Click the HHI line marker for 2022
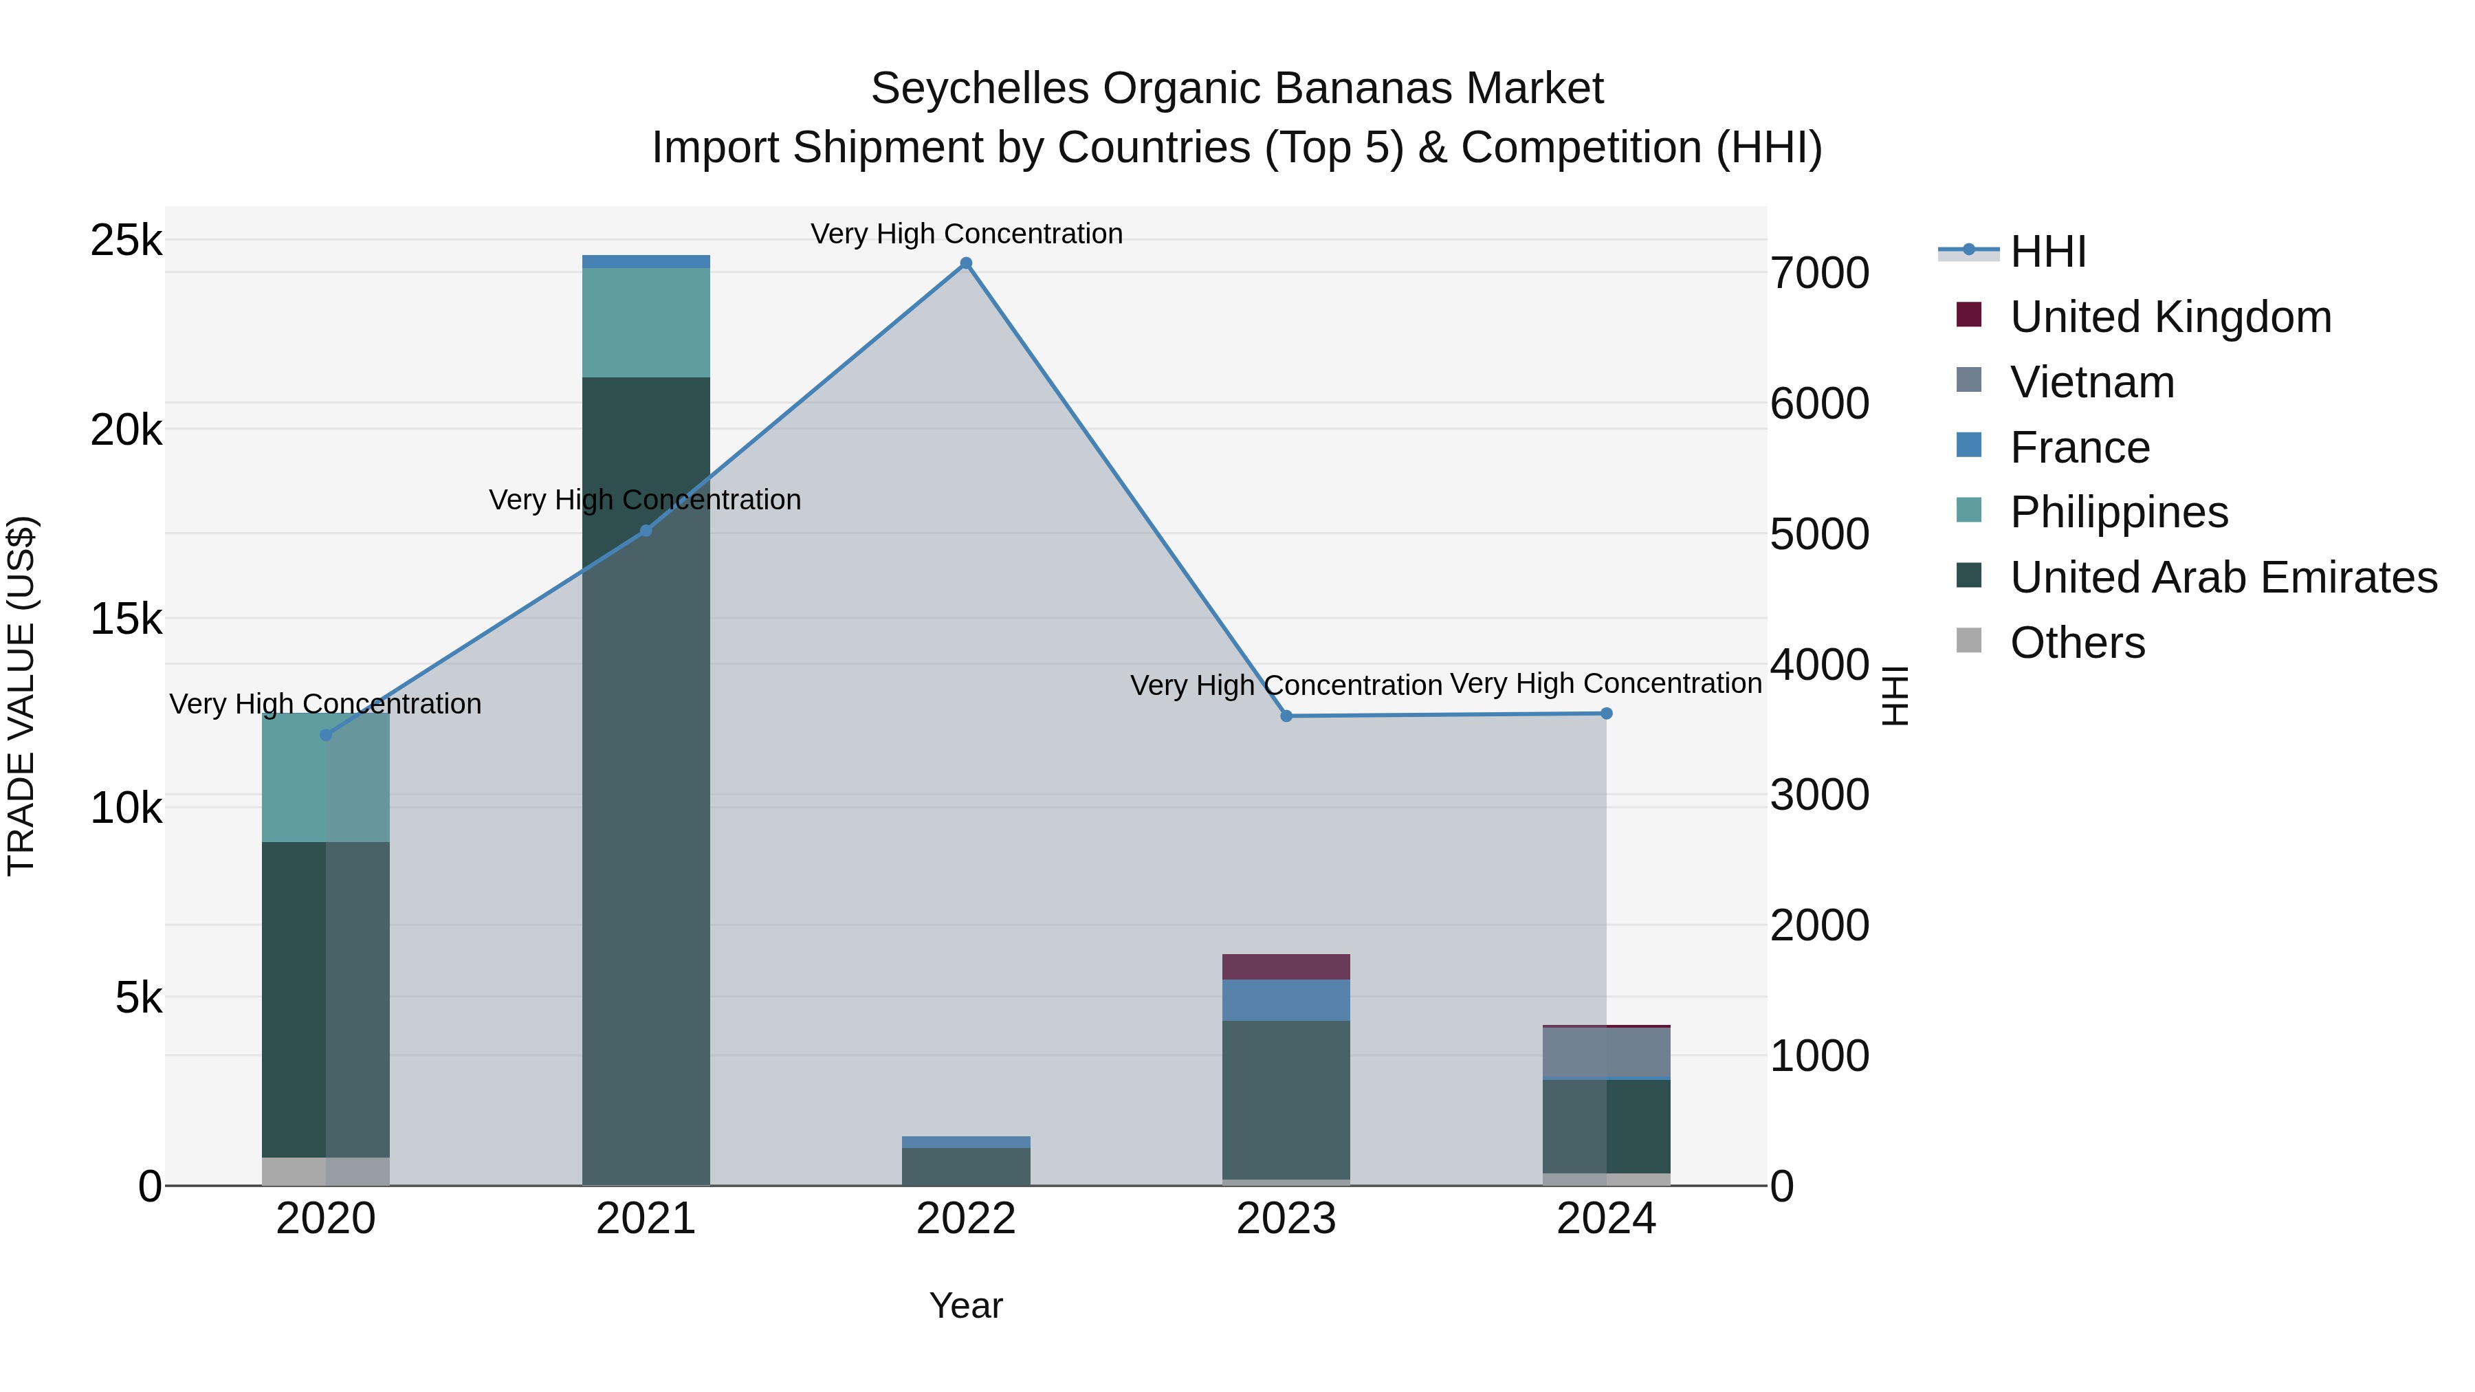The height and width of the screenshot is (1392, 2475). [966, 263]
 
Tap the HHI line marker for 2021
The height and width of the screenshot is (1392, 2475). [646, 530]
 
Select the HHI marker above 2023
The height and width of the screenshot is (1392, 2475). [1286, 716]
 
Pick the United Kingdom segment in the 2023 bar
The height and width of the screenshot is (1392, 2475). [1286, 966]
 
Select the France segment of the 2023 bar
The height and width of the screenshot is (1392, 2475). [1286, 1000]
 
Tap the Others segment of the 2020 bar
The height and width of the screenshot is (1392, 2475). [326, 1171]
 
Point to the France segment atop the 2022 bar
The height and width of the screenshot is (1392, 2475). [966, 1142]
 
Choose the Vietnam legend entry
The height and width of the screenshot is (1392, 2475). [2091, 382]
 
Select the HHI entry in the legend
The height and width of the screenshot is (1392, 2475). [2047, 252]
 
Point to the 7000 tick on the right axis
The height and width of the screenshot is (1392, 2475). [1818, 273]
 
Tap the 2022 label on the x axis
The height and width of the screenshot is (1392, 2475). [966, 1219]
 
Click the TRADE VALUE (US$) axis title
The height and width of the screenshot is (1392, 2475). [21, 696]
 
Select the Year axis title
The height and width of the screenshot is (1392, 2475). [966, 1305]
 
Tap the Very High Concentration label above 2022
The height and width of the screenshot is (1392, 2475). [966, 234]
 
